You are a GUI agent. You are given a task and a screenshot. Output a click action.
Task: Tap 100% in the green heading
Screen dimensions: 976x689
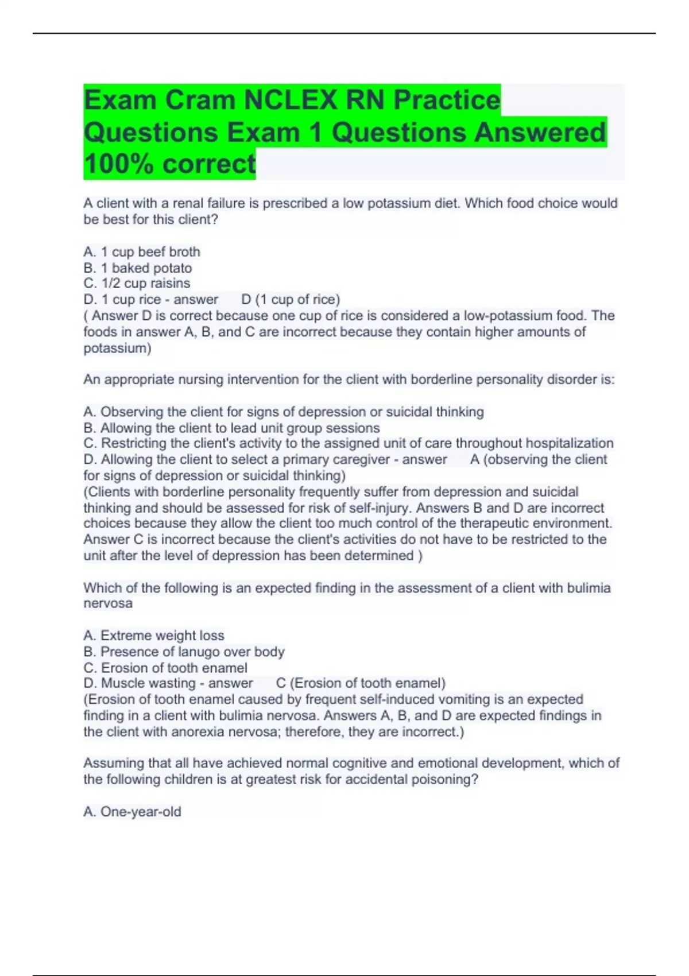pyautogui.click(x=119, y=164)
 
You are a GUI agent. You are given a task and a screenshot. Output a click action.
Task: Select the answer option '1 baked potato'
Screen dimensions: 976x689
pyautogui.click(x=138, y=268)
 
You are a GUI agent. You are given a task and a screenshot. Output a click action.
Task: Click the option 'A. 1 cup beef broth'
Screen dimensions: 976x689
pyautogui.click(x=142, y=252)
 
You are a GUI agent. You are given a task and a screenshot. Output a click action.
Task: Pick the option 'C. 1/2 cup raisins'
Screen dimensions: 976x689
pyautogui.click(x=137, y=284)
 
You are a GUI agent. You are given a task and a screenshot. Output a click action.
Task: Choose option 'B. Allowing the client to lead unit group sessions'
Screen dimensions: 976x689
pyautogui.click(x=231, y=428)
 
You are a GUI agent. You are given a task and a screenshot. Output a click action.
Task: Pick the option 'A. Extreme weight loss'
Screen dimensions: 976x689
pyautogui.click(x=154, y=636)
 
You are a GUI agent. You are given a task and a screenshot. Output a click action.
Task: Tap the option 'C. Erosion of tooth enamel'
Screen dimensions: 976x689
pyautogui.click(x=165, y=668)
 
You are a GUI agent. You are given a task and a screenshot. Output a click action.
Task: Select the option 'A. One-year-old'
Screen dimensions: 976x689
pyautogui.click(x=132, y=812)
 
